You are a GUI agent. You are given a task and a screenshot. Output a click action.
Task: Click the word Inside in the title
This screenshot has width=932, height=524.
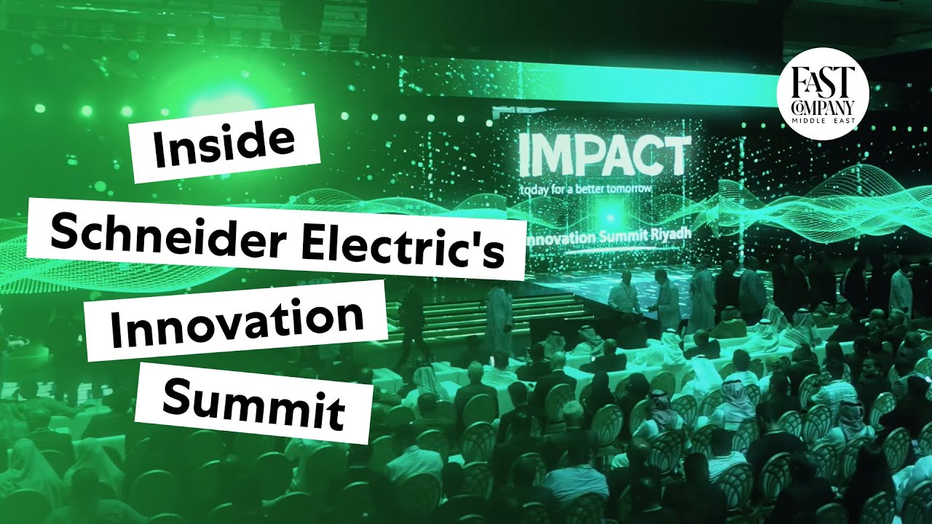click(x=225, y=143)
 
